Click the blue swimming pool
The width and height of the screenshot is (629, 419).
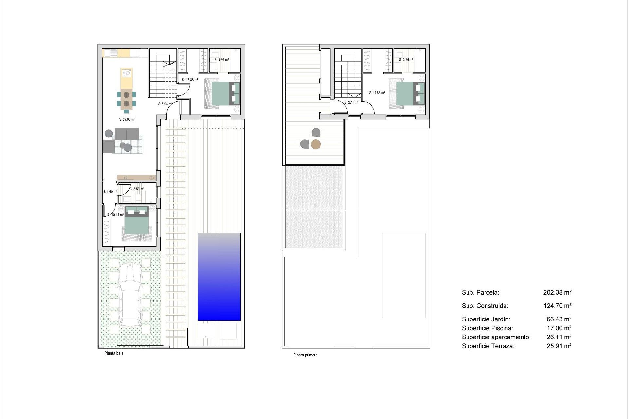pyautogui.click(x=219, y=277)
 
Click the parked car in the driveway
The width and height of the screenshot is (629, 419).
pyautogui.click(x=130, y=295)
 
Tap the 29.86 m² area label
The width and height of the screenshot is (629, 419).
pyautogui.click(x=127, y=120)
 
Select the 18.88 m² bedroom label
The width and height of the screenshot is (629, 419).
pyautogui.click(x=190, y=80)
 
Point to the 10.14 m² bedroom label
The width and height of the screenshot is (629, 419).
pyautogui.click(x=115, y=215)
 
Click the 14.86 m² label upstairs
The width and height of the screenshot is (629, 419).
pyautogui.click(x=377, y=93)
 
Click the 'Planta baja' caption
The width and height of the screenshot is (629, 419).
pyautogui.click(x=114, y=353)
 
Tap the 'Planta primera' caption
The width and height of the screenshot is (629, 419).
pyautogui.click(x=305, y=355)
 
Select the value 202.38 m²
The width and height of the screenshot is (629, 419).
pyautogui.click(x=557, y=293)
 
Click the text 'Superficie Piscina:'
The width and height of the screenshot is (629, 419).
pyautogui.click(x=487, y=328)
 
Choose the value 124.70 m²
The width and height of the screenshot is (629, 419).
pyautogui.click(x=557, y=306)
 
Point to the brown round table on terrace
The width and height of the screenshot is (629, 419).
pyautogui.click(x=315, y=144)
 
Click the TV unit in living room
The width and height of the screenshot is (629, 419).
pyautogui.click(x=136, y=178)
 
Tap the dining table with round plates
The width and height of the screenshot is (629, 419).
pyautogui.click(x=126, y=99)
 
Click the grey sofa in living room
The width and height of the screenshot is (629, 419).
pyautogui.click(x=126, y=134)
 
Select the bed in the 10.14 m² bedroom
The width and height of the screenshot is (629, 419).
pyautogui.click(x=137, y=223)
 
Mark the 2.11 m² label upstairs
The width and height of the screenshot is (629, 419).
pyautogui.click(x=351, y=102)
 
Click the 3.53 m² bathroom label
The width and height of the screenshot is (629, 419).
pyautogui.click(x=137, y=189)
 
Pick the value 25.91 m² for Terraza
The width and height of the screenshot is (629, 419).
pyautogui.click(x=559, y=346)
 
